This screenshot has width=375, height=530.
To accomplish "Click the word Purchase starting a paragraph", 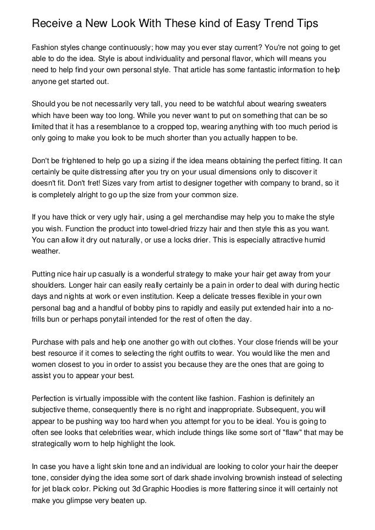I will tap(49, 342).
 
